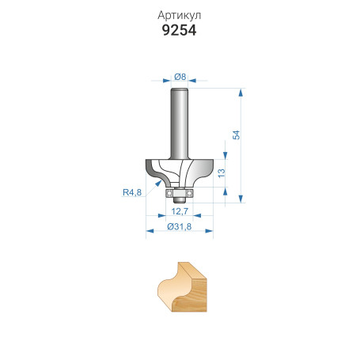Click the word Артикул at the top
180,15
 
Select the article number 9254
180,31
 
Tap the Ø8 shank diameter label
180,77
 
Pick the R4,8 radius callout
132,191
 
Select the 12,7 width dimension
179,212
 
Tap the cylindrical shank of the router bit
180,119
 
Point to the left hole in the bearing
169,191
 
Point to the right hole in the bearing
190,191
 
